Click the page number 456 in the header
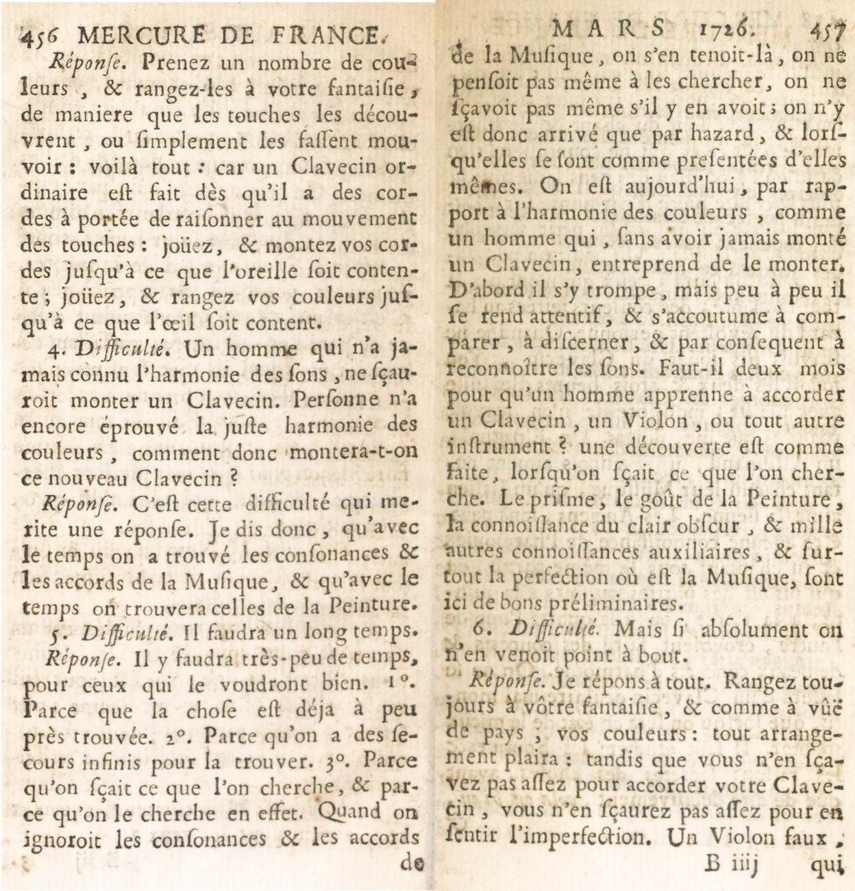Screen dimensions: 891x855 [39, 35]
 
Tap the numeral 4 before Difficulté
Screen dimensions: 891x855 [55, 349]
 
